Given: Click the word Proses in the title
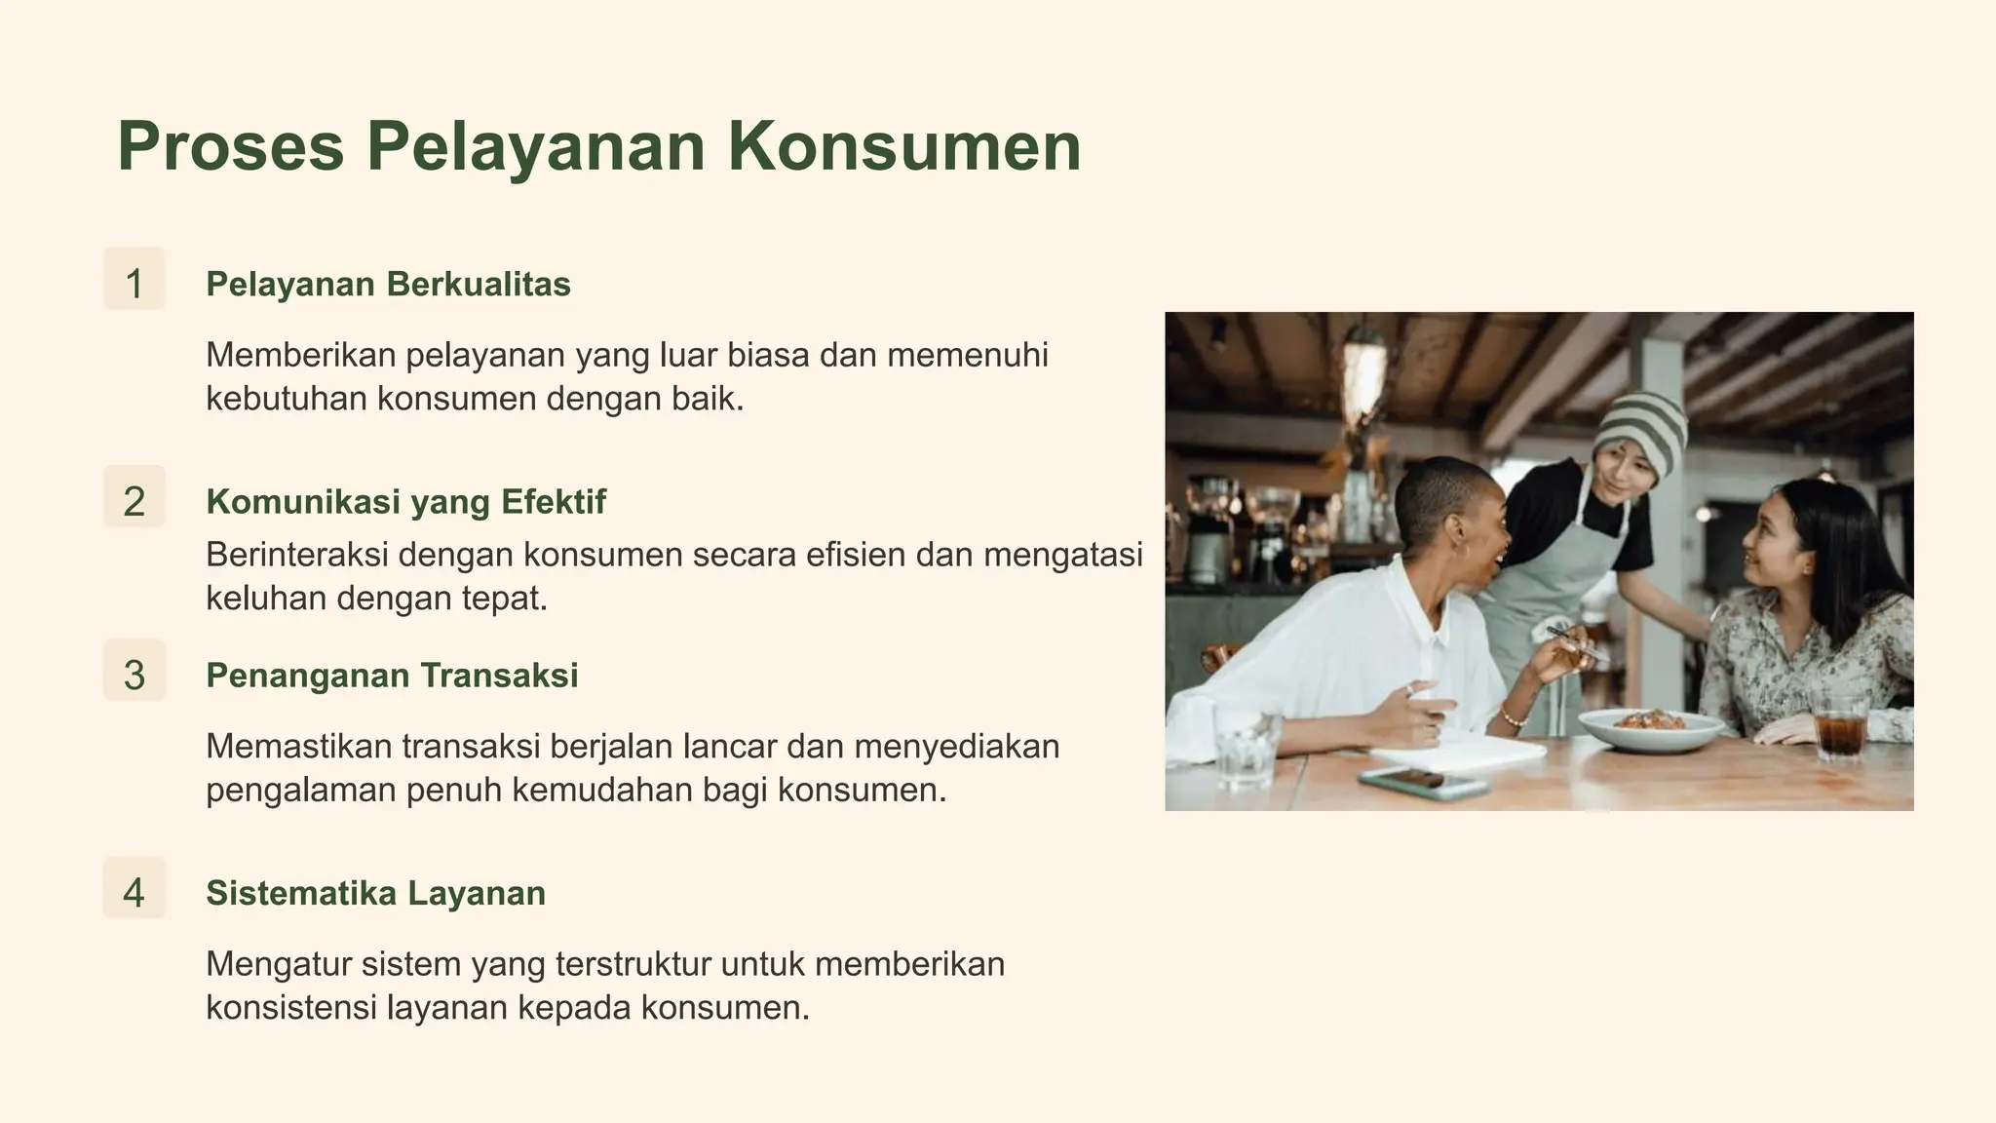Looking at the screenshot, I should tap(230, 147).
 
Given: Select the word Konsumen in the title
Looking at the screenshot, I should tap(903, 147).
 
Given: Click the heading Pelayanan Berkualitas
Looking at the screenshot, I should tap(388, 285).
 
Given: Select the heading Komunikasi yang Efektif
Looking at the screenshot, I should tap(405, 502).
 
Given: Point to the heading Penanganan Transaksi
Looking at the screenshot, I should tap(392, 676).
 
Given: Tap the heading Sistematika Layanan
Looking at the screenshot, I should tap(375, 893).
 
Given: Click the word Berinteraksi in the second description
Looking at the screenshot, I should tap(297, 555).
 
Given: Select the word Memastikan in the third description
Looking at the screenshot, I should tap(298, 747).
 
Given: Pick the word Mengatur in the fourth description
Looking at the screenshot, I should tap(278, 964).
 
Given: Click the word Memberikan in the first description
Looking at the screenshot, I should tap(300, 355).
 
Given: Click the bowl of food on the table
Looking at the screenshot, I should tap(1650, 727).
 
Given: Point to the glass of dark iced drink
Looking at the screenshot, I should tap(1840, 729).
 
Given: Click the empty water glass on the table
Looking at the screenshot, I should tap(1246, 745).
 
